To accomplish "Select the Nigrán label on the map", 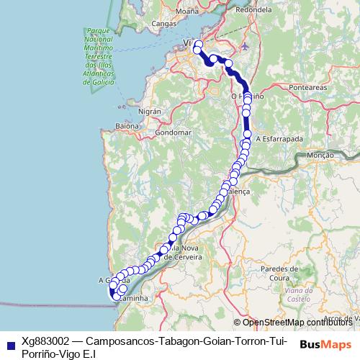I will point(150,112).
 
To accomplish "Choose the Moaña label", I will point(187,12).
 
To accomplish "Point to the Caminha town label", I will point(133,297).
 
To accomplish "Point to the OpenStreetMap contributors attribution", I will point(297,322).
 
